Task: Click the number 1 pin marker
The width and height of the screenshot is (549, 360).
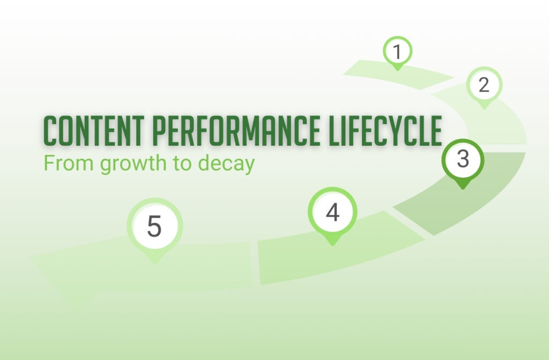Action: (x=397, y=52)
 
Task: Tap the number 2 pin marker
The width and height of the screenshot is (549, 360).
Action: (x=484, y=85)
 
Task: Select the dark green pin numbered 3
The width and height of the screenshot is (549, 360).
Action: (x=463, y=159)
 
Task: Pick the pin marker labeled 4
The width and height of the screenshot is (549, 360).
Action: (x=332, y=212)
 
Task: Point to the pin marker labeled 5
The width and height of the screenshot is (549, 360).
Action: (x=154, y=226)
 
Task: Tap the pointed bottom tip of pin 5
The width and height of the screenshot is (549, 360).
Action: (x=154, y=262)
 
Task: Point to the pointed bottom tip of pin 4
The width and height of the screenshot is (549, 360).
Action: (x=332, y=244)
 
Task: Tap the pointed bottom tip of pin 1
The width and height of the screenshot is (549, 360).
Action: (x=397, y=69)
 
